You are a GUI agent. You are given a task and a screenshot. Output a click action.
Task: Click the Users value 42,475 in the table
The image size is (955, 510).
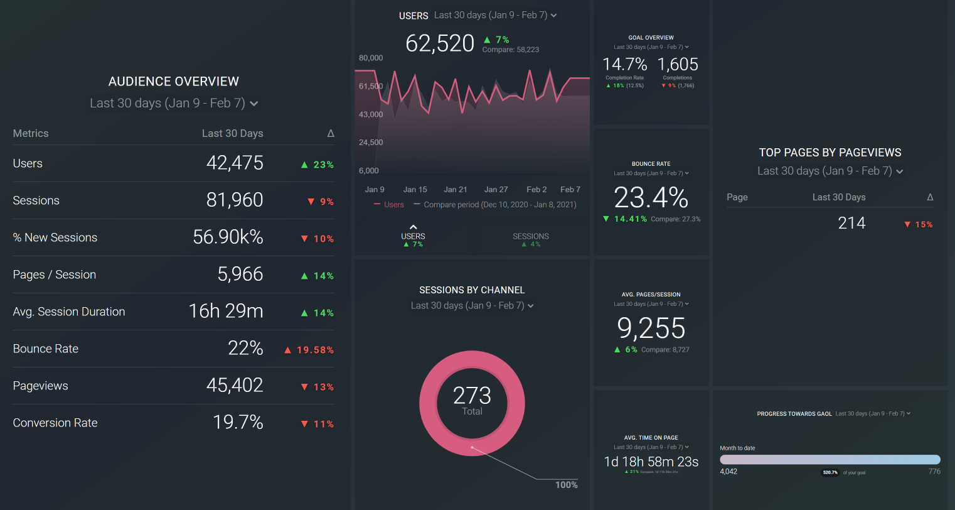pyautogui.click(x=235, y=163)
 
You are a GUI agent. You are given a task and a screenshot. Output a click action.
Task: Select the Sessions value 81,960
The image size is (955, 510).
pyautogui.click(x=235, y=200)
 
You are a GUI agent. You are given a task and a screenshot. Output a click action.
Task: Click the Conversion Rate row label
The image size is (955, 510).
pyautogui.click(x=55, y=423)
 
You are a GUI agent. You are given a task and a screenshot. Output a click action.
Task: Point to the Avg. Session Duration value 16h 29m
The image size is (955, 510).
pyautogui.click(x=226, y=312)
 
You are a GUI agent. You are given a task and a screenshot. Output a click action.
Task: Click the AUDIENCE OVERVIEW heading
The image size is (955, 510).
pyautogui.click(x=174, y=82)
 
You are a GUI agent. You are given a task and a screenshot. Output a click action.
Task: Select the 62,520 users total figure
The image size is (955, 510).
pyautogui.click(x=440, y=43)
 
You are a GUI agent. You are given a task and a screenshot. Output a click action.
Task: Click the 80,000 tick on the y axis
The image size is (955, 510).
pyautogui.click(x=371, y=58)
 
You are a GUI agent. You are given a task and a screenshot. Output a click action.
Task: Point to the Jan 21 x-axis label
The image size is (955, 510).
pyautogui.click(x=455, y=189)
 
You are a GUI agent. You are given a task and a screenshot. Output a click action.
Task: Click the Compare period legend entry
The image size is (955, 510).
pyautogui.click(x=499, y=205)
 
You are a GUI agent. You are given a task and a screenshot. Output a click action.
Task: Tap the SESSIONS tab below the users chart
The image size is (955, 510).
pyautogui.click(x=531, y=237)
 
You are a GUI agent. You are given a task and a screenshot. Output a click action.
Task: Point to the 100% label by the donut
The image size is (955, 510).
pyautogui.click(x=567, y=485)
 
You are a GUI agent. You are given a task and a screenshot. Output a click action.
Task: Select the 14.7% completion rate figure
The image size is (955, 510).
pyautogui.click(x=624, y=65)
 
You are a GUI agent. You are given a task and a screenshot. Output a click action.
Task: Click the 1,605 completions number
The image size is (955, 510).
pyautogui.click(x=678, y=65)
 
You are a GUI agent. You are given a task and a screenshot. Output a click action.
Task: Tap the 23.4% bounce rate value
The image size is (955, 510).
pyautogui.click(x=651, y=198)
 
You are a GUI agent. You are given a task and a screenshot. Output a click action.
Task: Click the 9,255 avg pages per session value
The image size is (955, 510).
pyautogui.click(x=651, y=328)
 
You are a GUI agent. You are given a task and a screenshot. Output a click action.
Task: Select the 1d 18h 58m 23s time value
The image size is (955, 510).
pyautogui.click(x=651, y=462)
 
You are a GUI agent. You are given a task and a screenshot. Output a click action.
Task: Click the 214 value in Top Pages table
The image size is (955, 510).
pyautogui.click(x=851, y=223)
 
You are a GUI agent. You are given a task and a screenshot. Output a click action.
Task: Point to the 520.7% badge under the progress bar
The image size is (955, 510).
pyautogui.click(x=830, y=472)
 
